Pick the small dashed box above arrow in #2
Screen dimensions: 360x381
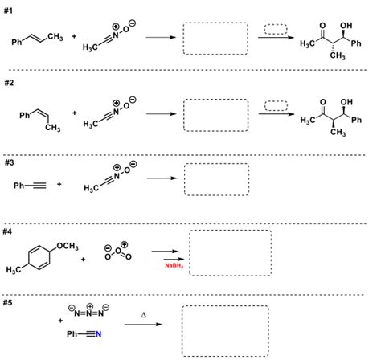(276, 105)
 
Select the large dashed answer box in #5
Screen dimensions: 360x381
(224, 329)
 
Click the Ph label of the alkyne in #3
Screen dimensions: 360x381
(20, 186)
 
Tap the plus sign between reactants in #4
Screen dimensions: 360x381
(83, 259)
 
